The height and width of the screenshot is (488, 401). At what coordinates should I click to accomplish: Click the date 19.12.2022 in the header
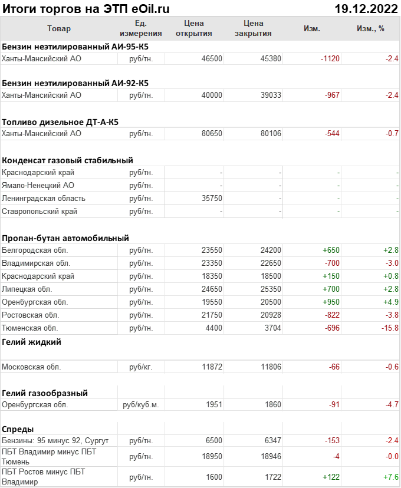pos(366,9)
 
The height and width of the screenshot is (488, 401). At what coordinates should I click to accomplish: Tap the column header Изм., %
pos(370,28)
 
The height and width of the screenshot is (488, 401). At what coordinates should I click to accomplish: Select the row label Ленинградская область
pos(44,198)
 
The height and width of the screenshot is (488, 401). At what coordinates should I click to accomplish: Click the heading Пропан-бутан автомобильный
pos(65,238)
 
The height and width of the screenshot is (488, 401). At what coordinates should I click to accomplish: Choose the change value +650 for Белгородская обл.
pos(331,250)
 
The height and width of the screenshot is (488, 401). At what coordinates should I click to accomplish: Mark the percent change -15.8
pos(389,328)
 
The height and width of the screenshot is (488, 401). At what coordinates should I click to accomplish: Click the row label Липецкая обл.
pos(27,289)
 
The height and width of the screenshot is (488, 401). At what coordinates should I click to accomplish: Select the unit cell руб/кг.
pos(140,367)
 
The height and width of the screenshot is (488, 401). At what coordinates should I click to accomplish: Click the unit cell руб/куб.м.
pos(140,405)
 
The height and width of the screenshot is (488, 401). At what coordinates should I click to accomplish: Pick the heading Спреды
pos(18,429)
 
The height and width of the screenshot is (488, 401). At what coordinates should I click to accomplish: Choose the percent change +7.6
pos(390,477)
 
